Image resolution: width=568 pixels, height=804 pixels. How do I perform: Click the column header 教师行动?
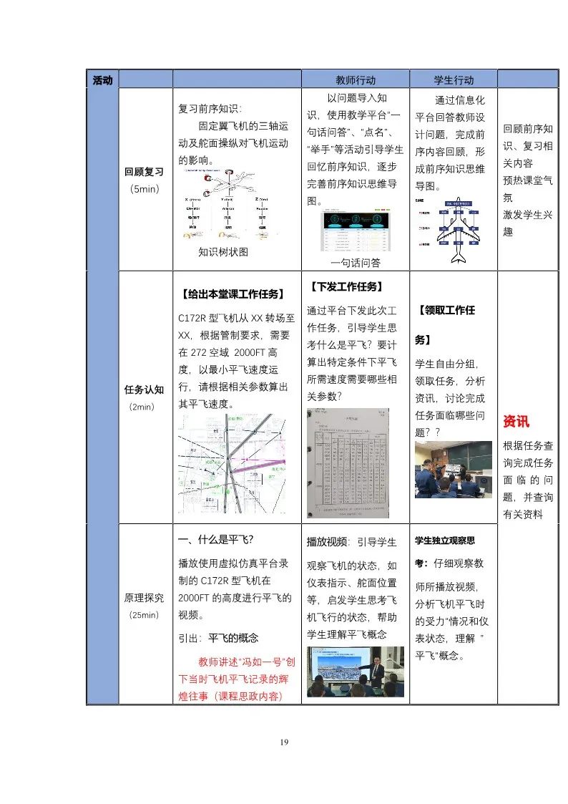click(x=356, y=80)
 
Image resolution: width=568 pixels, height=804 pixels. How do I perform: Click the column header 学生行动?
click(x=454, y=80)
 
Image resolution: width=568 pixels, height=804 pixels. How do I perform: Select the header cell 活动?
click(x=102, y=80)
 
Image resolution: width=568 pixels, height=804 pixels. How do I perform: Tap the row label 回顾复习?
click(x=145, y=172)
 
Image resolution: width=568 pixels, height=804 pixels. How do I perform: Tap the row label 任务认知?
click(x=145, y=389)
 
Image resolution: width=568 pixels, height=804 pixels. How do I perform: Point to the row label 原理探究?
click(x=145, y=597)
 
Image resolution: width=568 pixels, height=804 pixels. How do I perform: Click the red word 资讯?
click(x=516, y=421)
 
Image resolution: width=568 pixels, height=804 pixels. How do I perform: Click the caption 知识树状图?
click(x=223, y=252)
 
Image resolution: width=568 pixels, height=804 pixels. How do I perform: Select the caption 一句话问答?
click(x=356, y=263)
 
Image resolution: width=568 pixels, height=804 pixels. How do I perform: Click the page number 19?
click(x=284, y=742)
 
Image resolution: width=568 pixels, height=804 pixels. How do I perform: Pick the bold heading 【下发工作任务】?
click(x=346, y=286)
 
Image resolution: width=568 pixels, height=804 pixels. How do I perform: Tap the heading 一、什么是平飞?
click(x=216, y=538)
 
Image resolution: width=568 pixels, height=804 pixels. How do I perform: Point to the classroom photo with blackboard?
click(x=454, y=469)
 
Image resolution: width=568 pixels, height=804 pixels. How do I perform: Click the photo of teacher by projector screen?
click(x=356, y=672)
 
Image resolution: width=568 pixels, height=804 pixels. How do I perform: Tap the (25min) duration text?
click(x=145, y=614)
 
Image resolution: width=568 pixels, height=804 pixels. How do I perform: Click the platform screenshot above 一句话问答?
click(x=356, y=231)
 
